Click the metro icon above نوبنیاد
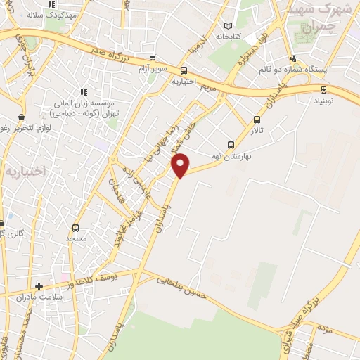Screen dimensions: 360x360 click(323, 89)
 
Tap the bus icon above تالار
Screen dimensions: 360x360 click(256, 120)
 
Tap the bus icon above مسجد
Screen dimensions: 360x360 click(75, 229)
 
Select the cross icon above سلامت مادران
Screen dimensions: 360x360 click(39, 286)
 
